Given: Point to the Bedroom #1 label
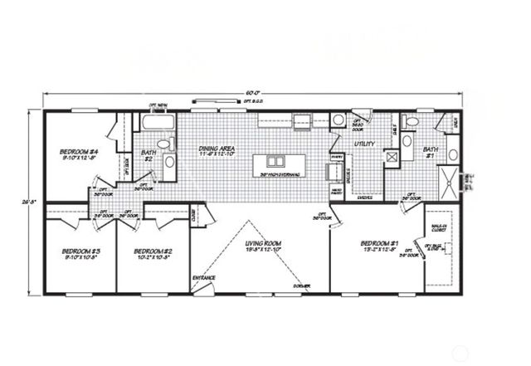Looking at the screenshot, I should [381, 243].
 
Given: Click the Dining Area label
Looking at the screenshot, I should [217, 150].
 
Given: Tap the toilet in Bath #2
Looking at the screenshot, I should [166, 144].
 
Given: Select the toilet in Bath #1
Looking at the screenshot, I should [454, 154].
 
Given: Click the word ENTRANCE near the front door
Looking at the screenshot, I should [205, 276].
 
